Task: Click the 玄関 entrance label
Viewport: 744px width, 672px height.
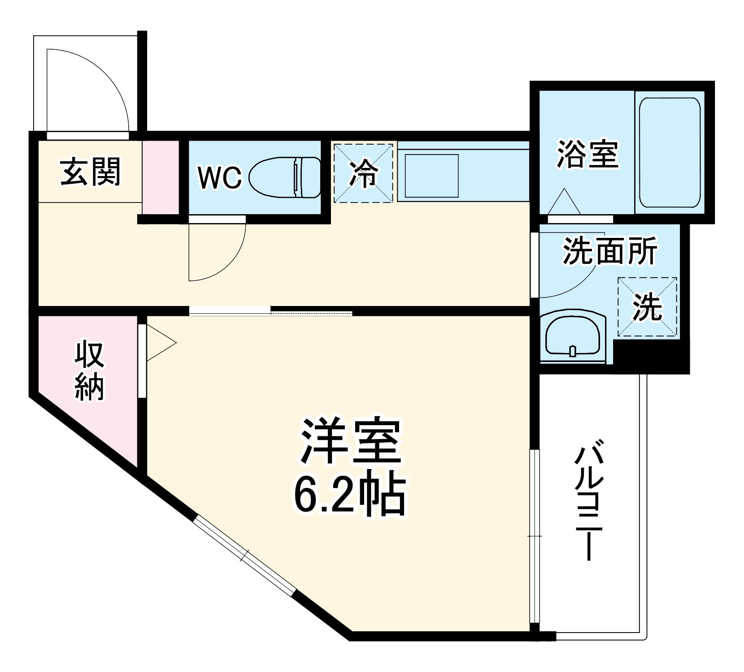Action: pyautogui.click(x=91, y=172)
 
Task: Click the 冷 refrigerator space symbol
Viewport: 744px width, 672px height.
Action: pyautogui.click(x=364, y=173)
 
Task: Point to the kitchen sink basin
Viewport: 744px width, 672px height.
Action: pyautogui.click(x=431, y=176)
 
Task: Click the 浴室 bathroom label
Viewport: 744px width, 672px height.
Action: pyautogui.click(x=587, y=155)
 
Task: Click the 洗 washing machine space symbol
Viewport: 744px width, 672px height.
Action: pyautogui.click(x=647, y=307)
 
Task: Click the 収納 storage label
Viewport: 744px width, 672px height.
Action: pyautogui.click(x=90, y=370)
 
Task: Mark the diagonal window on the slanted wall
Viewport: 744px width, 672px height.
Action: pyautogui.click(x=244, y=556)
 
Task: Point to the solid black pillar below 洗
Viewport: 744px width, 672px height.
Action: pyautogui.click(x=650, y=356)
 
